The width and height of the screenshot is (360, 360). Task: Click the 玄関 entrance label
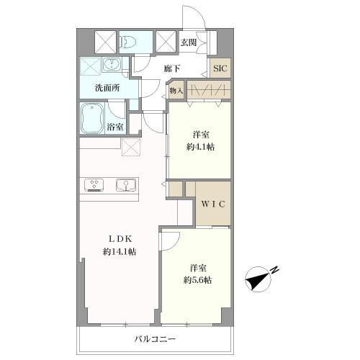tap(189, 42)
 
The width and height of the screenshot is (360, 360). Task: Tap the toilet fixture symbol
tap(127, 42)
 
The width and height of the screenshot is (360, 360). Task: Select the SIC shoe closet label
tap(220, 68)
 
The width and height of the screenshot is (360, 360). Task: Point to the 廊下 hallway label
tap(172, 69)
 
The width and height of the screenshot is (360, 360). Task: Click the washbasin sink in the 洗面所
tap(112, 64)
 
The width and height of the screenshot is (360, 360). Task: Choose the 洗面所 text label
tap(107, 89)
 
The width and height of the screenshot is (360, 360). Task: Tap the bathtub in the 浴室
tap(92, 118)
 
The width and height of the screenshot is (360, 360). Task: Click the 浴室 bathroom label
tap(115, 127)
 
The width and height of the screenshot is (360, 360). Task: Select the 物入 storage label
tap(176, 91)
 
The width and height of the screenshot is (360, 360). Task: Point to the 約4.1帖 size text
tap(201, 147)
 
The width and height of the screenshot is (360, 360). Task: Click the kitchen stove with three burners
tap(94, 185)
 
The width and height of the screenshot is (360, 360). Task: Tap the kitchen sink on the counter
tap(125, 185)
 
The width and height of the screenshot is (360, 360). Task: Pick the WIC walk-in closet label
tap(213, 204)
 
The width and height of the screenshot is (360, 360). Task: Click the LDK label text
tap(120, 239)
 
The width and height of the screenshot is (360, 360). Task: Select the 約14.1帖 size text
tap(120, 252)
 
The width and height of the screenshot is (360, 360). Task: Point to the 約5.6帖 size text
tap(198, 280)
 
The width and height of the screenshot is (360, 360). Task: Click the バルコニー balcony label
tap(155, 339)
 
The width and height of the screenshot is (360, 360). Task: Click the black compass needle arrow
tap(257, 280)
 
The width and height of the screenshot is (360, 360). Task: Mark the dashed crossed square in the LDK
tap(131, 147)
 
